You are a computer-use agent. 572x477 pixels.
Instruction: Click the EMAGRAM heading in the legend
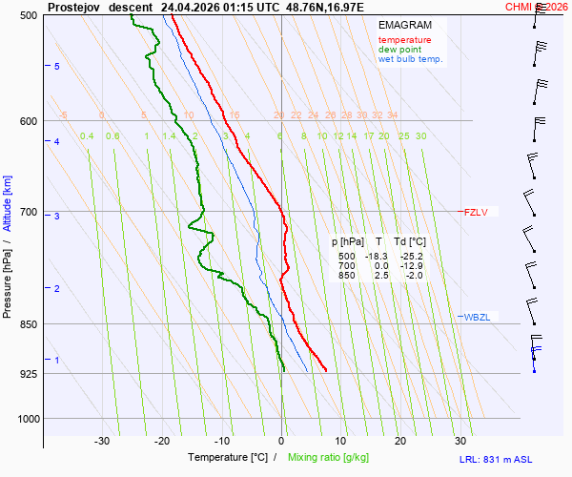pyautogui.click(x=403, y=24)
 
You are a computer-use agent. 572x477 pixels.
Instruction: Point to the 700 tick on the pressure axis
pyautogui.click(x=29, y=212)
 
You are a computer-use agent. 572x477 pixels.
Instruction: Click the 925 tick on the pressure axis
pyautogui.click(x=29, y=373)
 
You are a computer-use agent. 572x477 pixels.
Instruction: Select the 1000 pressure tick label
pyautogui.click(x=26, y=418)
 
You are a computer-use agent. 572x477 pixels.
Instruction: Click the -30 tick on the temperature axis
pyautogui.click(x=102, y=441)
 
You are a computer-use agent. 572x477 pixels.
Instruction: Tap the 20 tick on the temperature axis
pyautogui.click(x=400, y=441)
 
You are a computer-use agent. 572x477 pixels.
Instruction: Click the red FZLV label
pyautogui.click(x=476, y=212)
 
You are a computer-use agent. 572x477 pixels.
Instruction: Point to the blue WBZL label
pyautogui.click(x=477, y=317)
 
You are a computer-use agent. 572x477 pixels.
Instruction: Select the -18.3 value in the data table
pyautogui.click(x=378, y=257)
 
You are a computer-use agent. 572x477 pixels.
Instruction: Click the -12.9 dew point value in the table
pyautogui.click(x=411, y=266)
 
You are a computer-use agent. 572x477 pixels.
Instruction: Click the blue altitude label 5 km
pyautogui.click(x=57, y=66)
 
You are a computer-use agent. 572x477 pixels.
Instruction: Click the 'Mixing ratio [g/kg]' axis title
pyautogui.click(x=332, y=458)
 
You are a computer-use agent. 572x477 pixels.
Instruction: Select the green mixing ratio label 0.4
pyautogui.click(x=87, y=136)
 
